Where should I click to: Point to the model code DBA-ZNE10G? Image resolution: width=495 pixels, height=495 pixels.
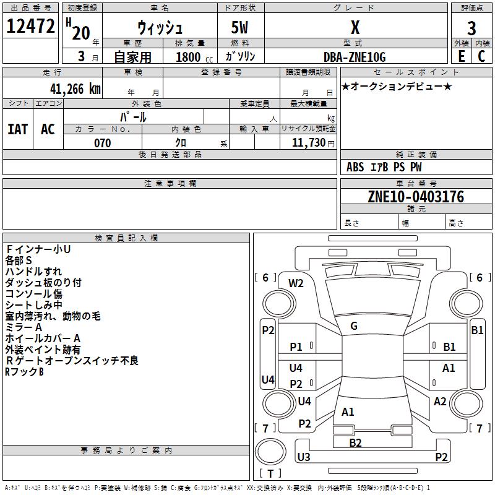(355, 57)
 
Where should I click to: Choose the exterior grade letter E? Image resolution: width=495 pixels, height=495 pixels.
(461, 56)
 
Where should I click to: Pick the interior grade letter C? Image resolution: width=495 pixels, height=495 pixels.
(482, 56)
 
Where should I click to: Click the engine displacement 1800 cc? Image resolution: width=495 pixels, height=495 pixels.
(188, 57)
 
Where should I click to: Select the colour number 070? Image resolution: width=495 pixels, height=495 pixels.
(102, 143)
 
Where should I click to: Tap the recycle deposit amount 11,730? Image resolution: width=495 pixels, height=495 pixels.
(308, 143)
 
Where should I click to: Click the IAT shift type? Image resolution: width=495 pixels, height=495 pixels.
(17, 129)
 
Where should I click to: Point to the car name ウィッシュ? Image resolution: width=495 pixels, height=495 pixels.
(160, 28)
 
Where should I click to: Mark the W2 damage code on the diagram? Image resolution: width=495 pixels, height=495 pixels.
(296, 283)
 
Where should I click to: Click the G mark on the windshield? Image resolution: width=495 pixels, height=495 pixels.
(353, 326)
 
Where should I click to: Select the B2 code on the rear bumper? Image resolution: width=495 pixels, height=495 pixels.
(355, 442)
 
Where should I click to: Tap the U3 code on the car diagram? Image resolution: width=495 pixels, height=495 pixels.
(303, 457)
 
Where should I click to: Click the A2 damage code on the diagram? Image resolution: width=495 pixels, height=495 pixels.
(440, 402)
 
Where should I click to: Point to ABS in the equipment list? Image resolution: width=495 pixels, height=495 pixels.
(355, 167)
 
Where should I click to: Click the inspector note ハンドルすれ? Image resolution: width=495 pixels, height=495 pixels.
(33, 272)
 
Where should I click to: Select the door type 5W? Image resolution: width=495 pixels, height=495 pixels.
(241, 28)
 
